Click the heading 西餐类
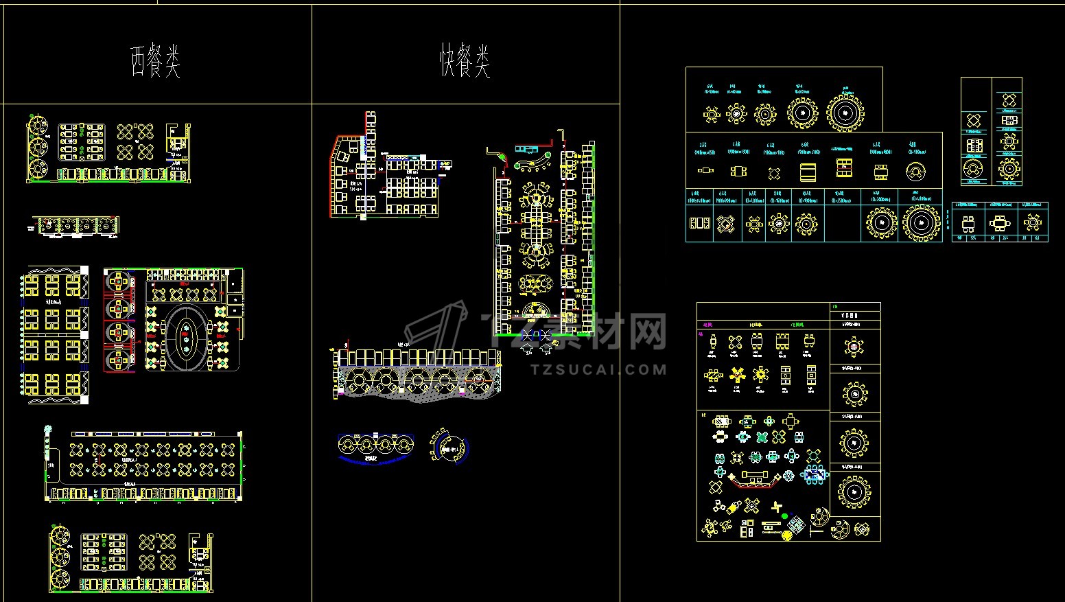[x=156, y=62]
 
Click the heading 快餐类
[x=465, y=62]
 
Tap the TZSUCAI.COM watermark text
[x=598, y=369]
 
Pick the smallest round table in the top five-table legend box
[x=711, y=113]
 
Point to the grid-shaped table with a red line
[x=844, y=167]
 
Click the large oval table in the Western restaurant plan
[x=186, y=338]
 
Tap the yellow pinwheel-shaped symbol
[x=777, y=508]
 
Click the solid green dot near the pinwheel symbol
[x=784, y=516]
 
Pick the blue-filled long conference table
[x=815, y=473]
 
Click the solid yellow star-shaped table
[x=738, y=374]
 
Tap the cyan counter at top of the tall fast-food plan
[x=526, y=149]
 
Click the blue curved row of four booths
[x=376, y=448]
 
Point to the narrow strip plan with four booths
[x=75, y=227]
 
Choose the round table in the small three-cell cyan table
[x=1032, y=222]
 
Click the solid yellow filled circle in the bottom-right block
[x=787, y=535]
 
